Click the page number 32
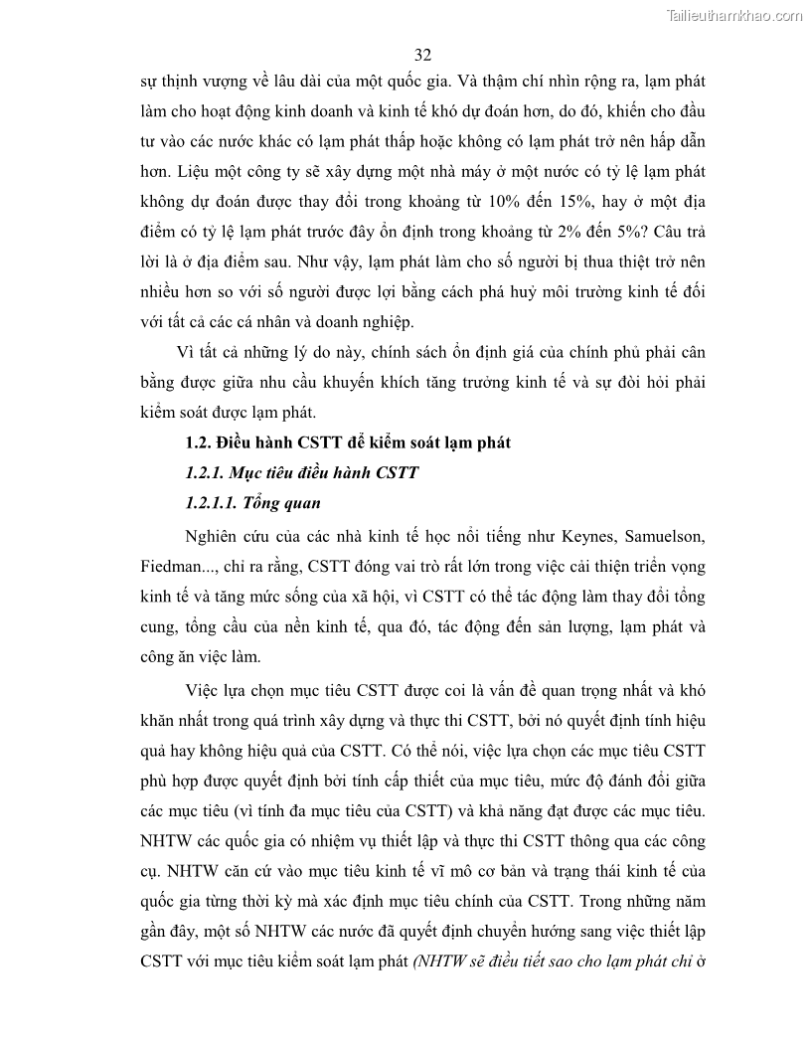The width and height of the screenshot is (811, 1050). pyautogui.click(x=422, y=54)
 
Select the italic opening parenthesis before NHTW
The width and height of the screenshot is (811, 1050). pyautogui.click(x=416, y=962)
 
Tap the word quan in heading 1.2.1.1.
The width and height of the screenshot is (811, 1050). pyautogui.click(x=304, y=502)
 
